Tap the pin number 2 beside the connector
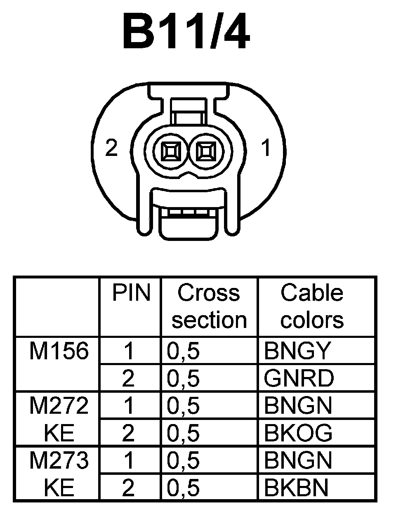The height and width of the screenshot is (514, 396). [111, 148]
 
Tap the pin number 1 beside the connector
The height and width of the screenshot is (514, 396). [266, 148]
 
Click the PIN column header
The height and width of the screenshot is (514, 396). [131, 293]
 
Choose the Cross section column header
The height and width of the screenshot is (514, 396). [209, 306]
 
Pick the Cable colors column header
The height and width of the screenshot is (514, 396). [312, 306]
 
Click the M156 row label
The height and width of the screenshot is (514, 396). [59, 351]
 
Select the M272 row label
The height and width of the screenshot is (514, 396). [59, 406]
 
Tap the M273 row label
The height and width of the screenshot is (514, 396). [59, 460]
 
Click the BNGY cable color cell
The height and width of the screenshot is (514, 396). [297, 351]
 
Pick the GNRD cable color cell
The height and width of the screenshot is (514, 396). [299, 379]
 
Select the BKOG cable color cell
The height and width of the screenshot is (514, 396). [298, 433]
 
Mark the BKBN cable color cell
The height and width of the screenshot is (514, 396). [296, 488]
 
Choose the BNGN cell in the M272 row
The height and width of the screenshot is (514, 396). [298, 406]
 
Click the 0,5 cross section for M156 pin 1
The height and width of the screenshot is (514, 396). [184, 351]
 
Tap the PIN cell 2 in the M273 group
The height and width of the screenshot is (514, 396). [128, 488]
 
